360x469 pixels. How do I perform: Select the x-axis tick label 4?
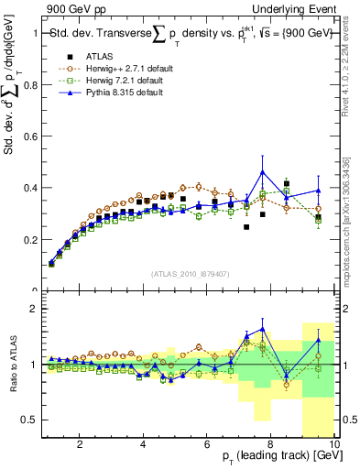click(x=144, y=444)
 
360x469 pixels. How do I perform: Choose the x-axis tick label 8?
click(x=271, y=444)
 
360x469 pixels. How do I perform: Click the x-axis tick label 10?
click(x=333, y=444)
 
